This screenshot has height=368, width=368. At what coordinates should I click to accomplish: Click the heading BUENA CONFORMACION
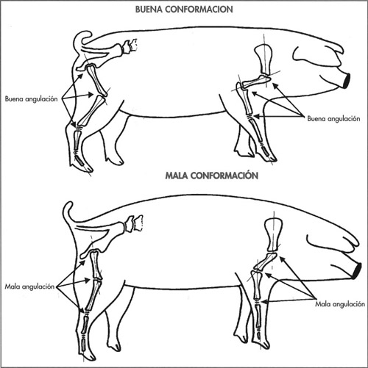pyautogui.click(x=184, y=10)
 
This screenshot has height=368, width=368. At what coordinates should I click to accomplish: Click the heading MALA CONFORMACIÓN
pyautogui.click(x=212, y=176)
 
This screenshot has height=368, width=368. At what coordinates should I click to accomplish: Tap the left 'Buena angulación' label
pyautogui.click(x=31, y=99)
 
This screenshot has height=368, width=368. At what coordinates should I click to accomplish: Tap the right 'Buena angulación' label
pyautogui.click(x=333, y=119)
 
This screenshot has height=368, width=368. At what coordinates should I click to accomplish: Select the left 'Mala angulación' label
pyautogui.click(x=29, y=286)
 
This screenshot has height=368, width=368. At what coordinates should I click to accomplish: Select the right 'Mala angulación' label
pyautogui.click(x=340, y=304)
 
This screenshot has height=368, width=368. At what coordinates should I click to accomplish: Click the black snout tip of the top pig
pyautogui.click(x=347, y=81)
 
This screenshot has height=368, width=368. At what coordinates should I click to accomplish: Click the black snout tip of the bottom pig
pyautogui.click(x=357, y=271)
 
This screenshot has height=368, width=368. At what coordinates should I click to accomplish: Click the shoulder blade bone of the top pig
pyautogui.click(x=263, y=59)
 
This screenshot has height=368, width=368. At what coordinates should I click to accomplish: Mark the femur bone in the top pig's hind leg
pyautogui.click(x=96, y=79)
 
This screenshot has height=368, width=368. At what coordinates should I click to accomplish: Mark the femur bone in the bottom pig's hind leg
pyautogui.click(x=96, y=264)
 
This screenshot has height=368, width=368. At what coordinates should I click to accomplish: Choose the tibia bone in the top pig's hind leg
pyautogui.click(x=92, y=111)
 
